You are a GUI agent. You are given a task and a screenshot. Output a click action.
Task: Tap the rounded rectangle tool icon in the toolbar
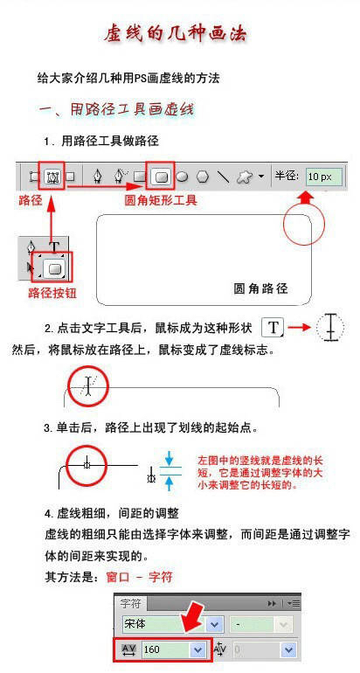pos(161,176)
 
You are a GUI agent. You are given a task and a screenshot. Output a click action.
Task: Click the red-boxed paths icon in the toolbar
pos(52,176)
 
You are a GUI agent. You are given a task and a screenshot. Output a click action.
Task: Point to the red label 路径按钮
pos(51,293)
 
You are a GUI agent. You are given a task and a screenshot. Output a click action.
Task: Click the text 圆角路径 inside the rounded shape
pos(260,288)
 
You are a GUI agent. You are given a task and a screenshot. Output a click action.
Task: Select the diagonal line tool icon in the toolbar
pos(224,176)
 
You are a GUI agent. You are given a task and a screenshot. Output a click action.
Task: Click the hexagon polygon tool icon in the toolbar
pos(203,176)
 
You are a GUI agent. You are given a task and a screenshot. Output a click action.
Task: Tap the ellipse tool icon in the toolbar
pos(183,176)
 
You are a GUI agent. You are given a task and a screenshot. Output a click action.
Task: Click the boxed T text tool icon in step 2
pos(274,328)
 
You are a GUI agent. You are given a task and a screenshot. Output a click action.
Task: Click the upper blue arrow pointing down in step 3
pos(170,459)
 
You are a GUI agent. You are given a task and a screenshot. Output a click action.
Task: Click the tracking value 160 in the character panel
pos(157,649)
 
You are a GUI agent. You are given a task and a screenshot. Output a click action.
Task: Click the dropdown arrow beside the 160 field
pos(197,649)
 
